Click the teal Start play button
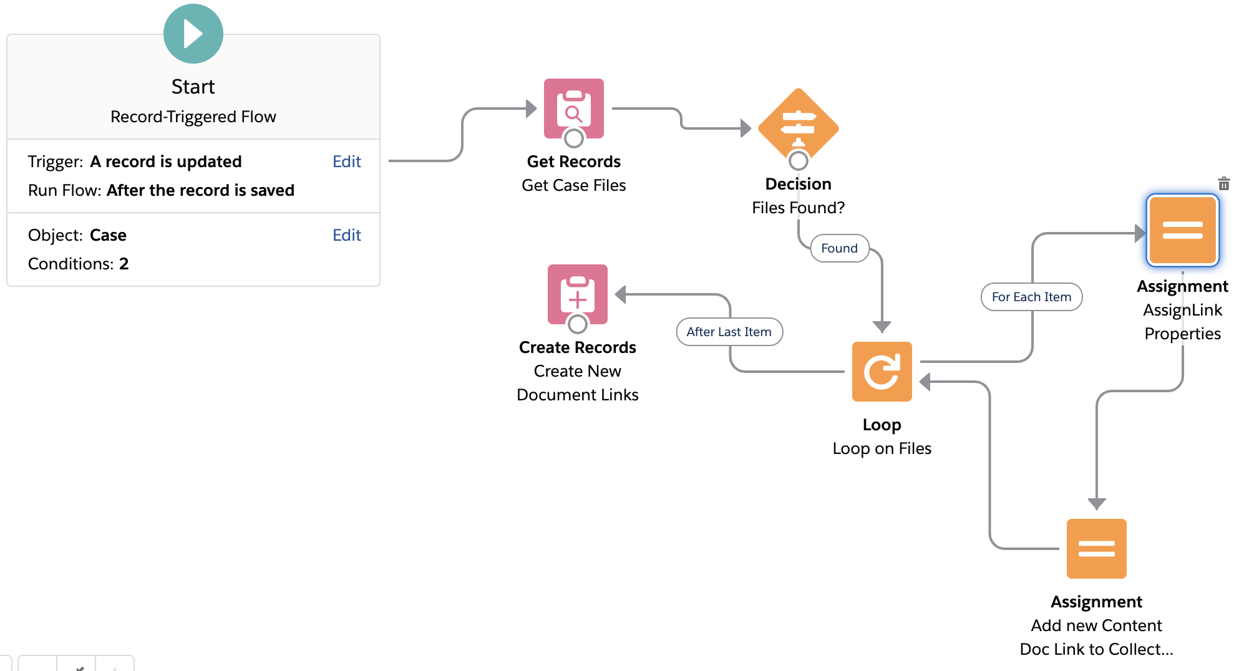(x=193, y=34)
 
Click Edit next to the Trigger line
(x=346, y=162)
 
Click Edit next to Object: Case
(x=346, y=235)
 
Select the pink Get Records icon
(x=573, y=107)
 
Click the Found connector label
(x=839, y=248)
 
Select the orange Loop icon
(x=882, y=371)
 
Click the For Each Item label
(x=1031, y=297)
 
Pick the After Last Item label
(x=729, y=332)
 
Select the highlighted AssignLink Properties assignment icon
(x=1182, y=230)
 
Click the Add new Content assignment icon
(x=1096, y=548)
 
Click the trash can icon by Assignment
(x=1223, y=183)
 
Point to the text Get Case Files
(x=573, y=185)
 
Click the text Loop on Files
(x=882, y=448)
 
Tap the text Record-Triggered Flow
(x=193, y=117)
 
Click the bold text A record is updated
(x=165, y=162)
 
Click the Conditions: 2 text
(x=78, y=264)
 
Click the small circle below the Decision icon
(x=798, y=161)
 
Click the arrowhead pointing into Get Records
(x=531, y=109)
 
